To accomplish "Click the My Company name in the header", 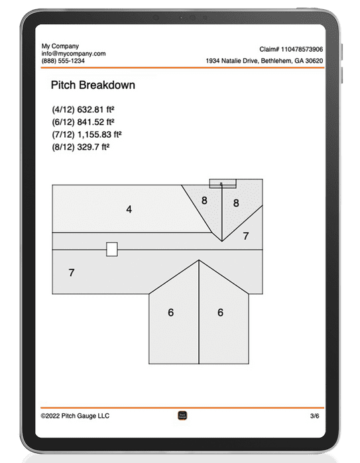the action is click(x=60, y=46).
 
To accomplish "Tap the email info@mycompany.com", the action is click(x=73, y=53).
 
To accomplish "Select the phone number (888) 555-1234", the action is click(x=63, y=61).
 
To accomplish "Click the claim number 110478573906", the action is click(x=292, y=50).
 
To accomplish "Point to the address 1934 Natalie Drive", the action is click(x=264, y=61).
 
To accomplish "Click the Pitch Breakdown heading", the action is click(x=92, y=85).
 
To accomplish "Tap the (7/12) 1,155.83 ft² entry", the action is click(x=86, y=134).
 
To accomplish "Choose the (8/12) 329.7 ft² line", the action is click(x=80, y=147).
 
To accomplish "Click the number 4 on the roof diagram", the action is click(x=129, y=209).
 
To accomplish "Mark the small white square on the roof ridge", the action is click(x=112, y=249).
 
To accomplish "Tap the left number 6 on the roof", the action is click(x=171, y=312).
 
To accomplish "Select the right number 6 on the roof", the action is click(x=221, y=312).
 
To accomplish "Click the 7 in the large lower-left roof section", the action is click(x=71, y=272).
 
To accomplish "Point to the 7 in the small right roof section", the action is click(x=245, y=236).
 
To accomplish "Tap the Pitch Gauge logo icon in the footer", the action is click(x=183, y=416).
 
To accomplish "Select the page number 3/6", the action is click(x=314, y=416).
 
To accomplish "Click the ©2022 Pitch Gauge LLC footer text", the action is click(x=75, y=416).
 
